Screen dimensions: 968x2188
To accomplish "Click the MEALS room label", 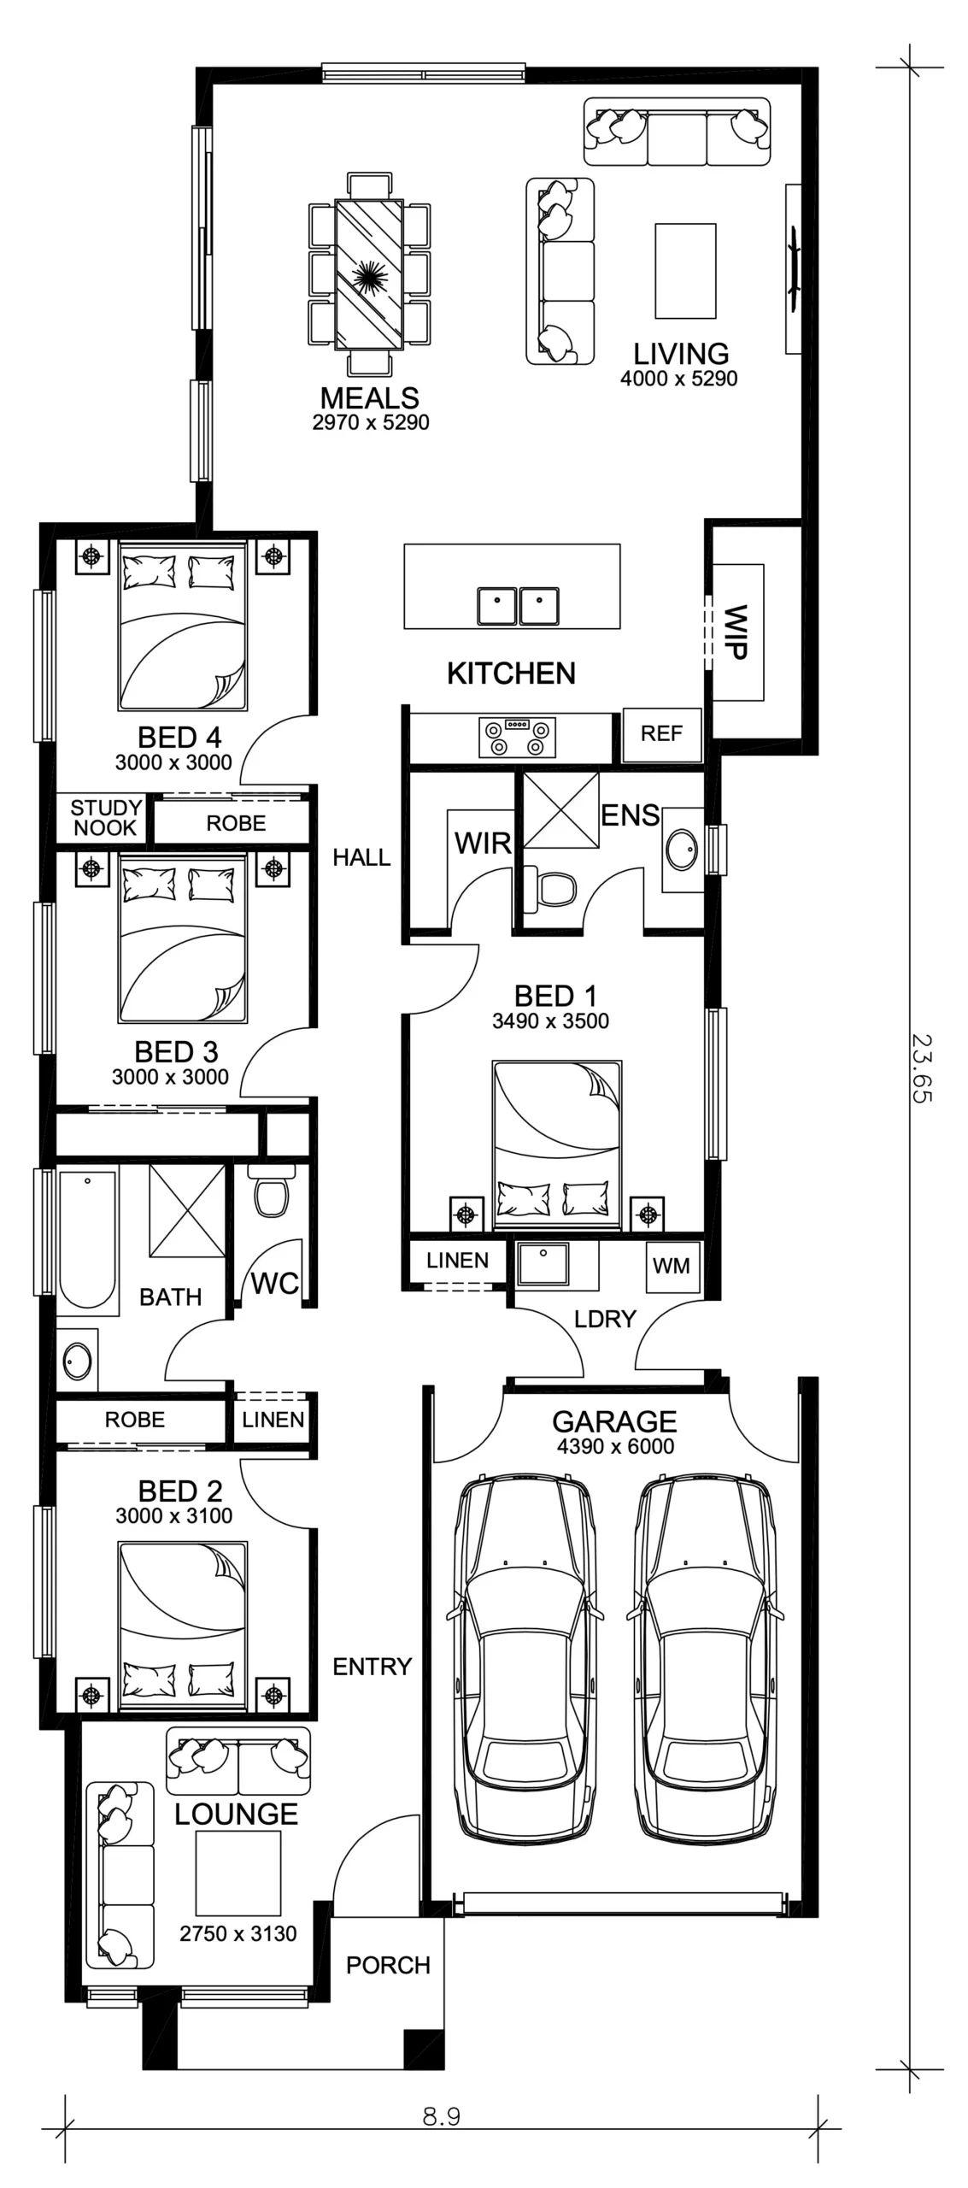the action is coord(370,397).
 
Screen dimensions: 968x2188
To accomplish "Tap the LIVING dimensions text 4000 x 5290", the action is coord(678,379).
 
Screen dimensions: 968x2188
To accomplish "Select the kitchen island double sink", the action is coord(518,606).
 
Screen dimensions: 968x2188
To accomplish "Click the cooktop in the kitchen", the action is coord(516,738).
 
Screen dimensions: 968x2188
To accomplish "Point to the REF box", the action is coord(662,734).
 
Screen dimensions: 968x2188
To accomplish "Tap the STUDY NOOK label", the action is coord(106,818).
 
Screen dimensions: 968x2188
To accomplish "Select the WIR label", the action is coord(483,844).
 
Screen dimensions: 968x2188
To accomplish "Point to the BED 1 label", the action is coord(555,996).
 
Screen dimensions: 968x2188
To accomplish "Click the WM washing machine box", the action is coord(672,1266).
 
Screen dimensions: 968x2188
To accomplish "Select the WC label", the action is coord(275,1283).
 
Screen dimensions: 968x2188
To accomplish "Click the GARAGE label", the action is coord(614,1421).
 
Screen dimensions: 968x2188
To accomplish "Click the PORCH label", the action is coord(388,1965).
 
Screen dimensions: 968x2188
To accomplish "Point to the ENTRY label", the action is coord(373,1666).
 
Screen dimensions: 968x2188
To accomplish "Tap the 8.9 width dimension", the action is coord(442,2116).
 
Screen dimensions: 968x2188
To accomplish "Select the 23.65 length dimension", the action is coord(922,1068).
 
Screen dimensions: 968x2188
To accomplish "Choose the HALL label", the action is coord(361,857).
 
